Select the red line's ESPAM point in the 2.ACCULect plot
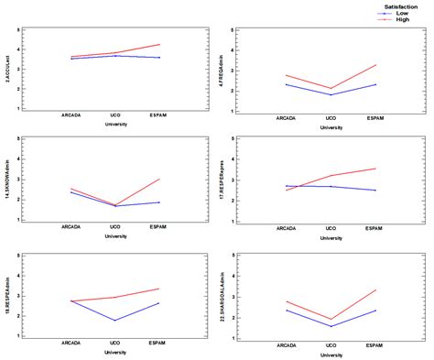[159, 44]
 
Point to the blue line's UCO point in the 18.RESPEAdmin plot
[114, 320]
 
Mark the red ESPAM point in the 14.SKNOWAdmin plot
[159, 179]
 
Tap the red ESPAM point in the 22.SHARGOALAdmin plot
[375, 290]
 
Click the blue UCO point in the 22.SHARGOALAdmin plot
[331, 326]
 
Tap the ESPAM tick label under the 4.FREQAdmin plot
[375, 117]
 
